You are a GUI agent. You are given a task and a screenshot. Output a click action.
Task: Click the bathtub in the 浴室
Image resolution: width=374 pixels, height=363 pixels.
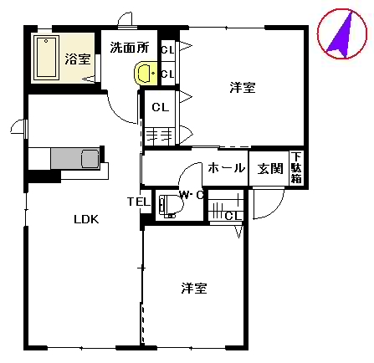[47, 58]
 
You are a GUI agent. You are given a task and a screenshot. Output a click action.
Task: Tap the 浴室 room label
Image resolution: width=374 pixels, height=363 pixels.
[78, 59]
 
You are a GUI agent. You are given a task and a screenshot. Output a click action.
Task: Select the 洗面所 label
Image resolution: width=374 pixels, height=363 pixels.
[130, 48]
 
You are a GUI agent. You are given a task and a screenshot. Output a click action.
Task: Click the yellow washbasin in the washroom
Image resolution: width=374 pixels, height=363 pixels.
[146, 73]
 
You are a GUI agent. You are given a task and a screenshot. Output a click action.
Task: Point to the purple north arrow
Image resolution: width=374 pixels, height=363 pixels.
[341, 36]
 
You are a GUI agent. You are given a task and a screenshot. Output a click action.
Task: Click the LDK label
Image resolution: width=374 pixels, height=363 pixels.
[86, 219]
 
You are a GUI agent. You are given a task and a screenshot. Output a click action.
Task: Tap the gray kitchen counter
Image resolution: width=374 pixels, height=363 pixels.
[75, 158]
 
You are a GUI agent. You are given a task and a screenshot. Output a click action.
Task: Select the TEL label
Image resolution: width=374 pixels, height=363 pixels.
[139, 202]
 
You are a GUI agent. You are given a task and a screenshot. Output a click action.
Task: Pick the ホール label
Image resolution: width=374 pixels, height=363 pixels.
[227, 168]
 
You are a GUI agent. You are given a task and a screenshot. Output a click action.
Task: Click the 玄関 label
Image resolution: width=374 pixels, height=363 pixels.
[270, 168]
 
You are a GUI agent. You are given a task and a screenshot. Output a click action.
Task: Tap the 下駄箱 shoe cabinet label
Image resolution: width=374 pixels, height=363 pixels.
[296, 167]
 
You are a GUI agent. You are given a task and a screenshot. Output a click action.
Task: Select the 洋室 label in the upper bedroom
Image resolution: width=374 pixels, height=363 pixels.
[243, 87]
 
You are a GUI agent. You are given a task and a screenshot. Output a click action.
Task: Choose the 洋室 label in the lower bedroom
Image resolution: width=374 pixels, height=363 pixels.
[194, 288]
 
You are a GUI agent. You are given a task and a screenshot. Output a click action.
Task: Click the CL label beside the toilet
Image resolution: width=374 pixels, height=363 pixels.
[233, 216]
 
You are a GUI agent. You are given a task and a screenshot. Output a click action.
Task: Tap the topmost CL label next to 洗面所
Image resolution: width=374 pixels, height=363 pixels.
[167, 50]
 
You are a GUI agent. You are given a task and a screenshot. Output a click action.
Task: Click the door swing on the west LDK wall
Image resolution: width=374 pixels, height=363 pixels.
[18, 127]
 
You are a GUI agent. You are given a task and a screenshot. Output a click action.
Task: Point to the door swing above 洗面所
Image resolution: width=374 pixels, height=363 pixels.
[125, 19]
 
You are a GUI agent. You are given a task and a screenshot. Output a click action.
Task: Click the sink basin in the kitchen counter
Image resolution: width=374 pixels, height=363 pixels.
[90, 158]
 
